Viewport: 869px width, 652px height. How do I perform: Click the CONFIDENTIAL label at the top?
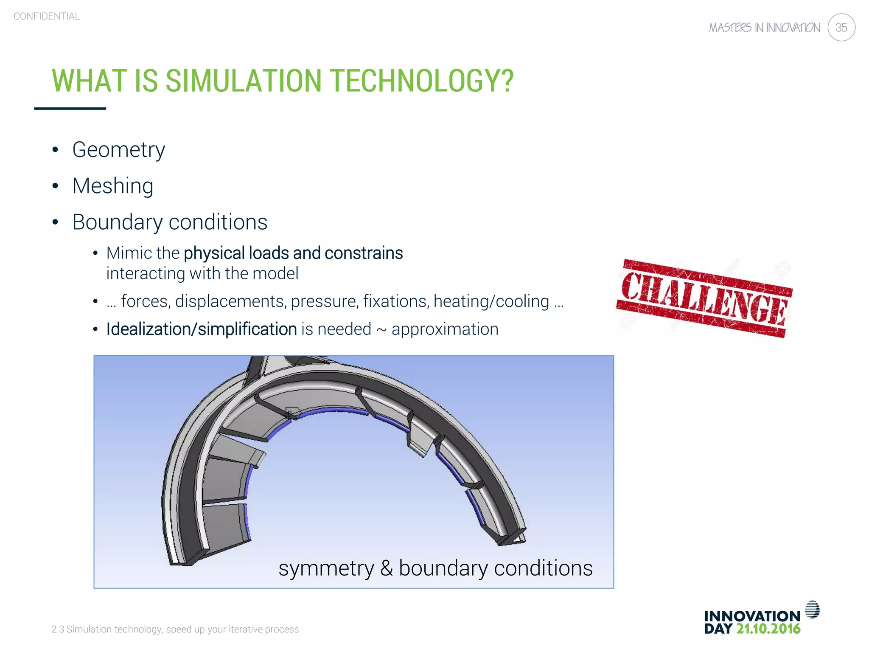click(x=47, y=16)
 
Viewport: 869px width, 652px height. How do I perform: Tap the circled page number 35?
click(x=841, y=28)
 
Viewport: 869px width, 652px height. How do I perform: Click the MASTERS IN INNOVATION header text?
click(x=764, y=28)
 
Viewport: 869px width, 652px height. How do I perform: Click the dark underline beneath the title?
click(x=70, y=109)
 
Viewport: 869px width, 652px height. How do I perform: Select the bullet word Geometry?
click(x=118, y=150)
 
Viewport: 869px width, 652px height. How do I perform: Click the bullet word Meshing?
click(x=113, y=186)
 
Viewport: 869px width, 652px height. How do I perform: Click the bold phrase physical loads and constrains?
click(x=293, y=253)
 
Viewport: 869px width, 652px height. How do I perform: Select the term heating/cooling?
click(x=491, y=301)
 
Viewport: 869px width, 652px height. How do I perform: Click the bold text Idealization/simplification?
click(x=201, y=329)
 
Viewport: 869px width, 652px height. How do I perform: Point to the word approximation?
click(x=445, y=329)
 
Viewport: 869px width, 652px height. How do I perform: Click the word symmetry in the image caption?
click(x=326, y=569)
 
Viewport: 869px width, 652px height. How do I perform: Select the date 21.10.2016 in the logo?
click(x=768, y=629)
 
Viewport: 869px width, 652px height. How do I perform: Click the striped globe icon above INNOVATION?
click(x=812, y=609)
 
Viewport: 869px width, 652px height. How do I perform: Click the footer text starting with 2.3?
click(x=175, y=629)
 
